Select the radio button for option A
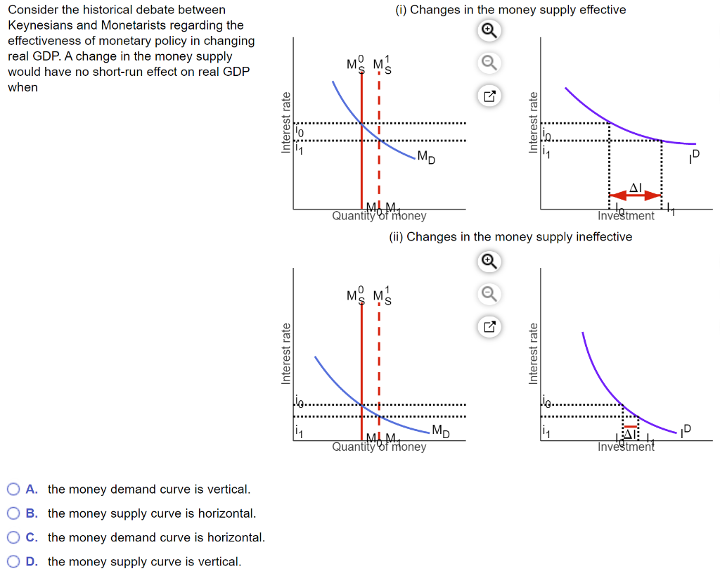point(13,489)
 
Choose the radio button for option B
point(13,513)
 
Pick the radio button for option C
point(13,537)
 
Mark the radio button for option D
point(13,561)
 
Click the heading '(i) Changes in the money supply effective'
point(510,10)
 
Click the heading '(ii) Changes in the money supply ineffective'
point(510,237)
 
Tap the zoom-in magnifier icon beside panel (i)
point(489,30)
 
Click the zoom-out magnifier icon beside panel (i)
point(489,64)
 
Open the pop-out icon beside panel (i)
point(489,97)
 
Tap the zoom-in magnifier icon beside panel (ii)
point(489,262)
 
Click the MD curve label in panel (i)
point(426,157)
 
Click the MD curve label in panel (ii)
point(441,430)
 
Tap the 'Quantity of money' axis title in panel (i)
point(379,216)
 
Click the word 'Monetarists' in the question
point(135,25)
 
